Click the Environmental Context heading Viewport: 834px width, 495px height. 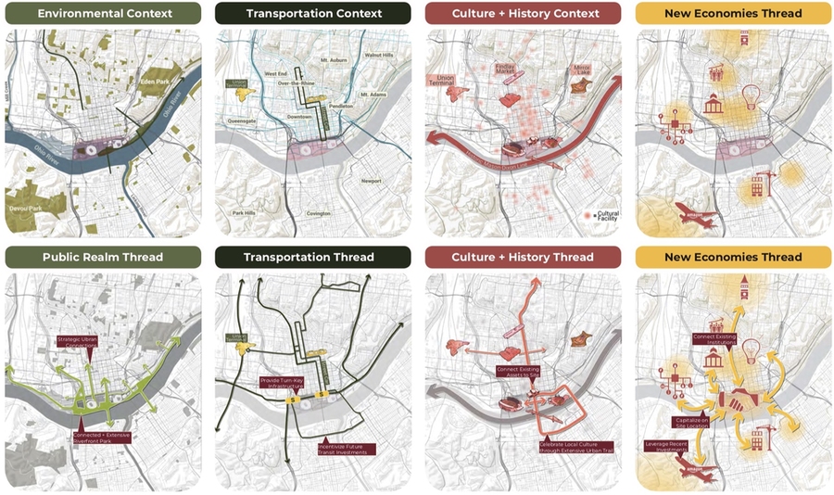click(x=103, y=14)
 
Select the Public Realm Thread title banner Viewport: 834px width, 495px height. click(x=103, y=257)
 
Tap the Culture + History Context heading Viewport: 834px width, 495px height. click(x=524, y=14)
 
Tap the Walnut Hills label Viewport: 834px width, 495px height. click(x=379, y=56)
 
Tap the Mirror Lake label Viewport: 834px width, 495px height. click(x=582, y=70)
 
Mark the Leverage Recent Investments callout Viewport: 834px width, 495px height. click(x=665, y=448)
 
